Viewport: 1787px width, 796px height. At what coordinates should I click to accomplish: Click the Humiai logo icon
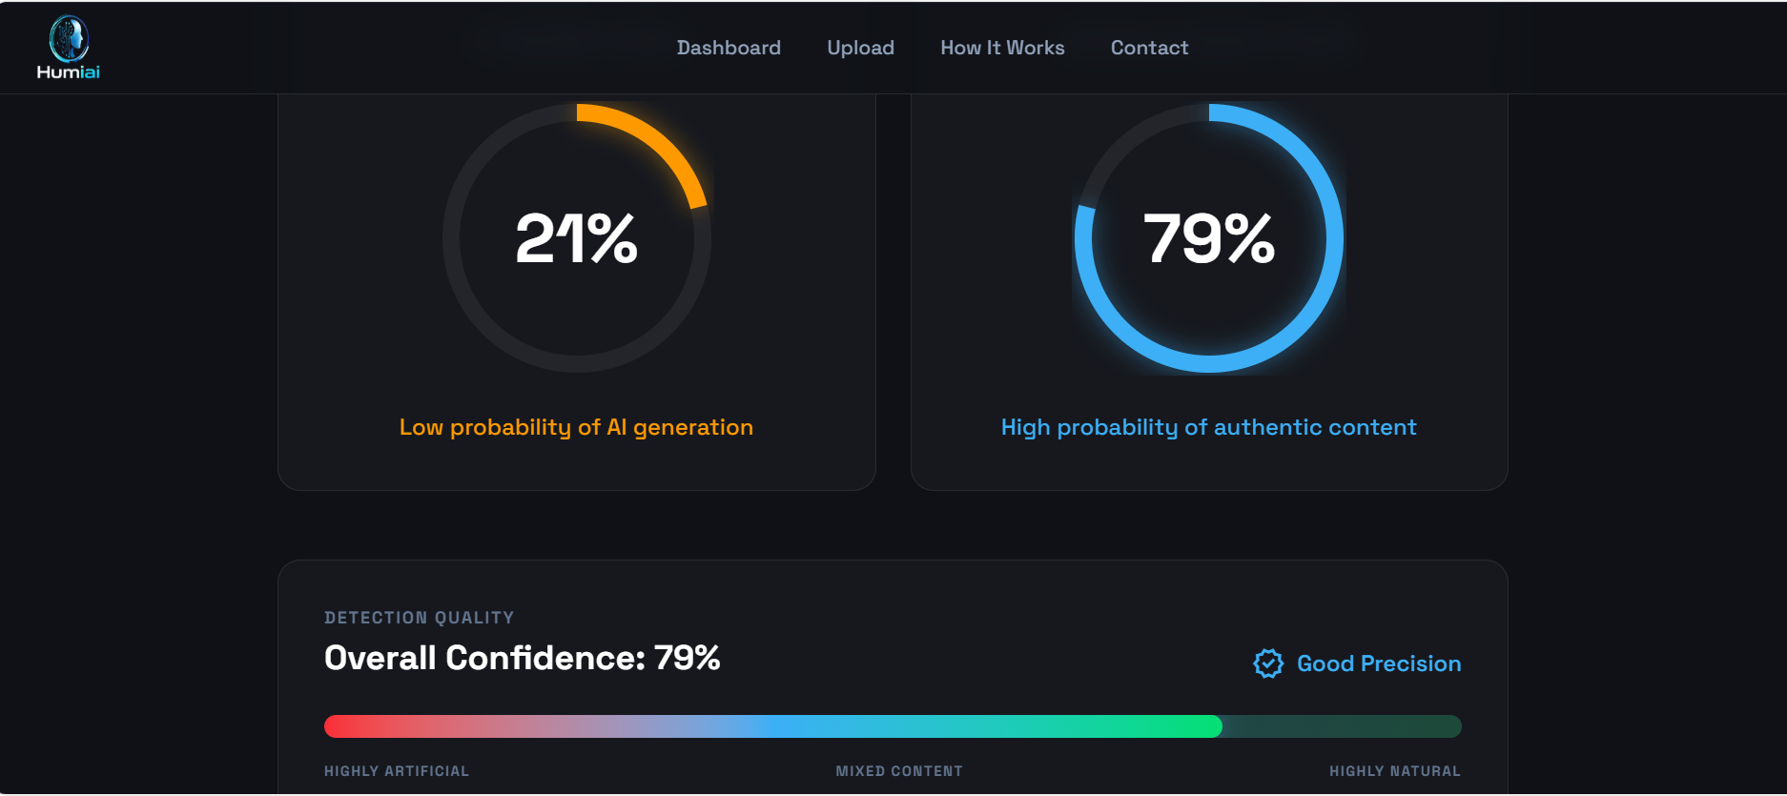click(69, 39)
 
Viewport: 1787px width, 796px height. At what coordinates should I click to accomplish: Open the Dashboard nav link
click(729, 48)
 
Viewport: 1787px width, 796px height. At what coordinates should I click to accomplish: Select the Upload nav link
click(860, 48)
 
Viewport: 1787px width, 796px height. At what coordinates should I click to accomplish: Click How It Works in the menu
click(1002, 48)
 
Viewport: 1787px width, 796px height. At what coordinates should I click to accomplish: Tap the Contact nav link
click(1149, 48)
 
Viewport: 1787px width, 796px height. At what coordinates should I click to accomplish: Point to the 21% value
click(576, 238)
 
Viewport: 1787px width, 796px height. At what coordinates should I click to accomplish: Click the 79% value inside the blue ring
click(1208, 238)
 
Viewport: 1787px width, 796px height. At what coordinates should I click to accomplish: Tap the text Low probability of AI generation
click(576, 427)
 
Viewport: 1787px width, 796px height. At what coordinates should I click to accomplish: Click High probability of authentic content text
click(1208, 427)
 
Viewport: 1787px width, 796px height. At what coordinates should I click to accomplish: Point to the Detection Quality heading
click(419, 618)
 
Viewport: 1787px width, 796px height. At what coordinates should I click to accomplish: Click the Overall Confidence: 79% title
click(522, 658)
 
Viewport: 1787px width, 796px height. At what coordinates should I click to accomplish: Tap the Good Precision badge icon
click(1268, 663)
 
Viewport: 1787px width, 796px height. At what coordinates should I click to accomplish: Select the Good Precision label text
click(1379, 663)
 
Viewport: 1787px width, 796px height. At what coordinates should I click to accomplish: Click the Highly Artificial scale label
click(397, 771)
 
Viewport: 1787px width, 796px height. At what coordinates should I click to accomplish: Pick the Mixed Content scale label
click(899, 771)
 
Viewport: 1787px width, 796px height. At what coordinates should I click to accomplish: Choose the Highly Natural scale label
click(1394, 771)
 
